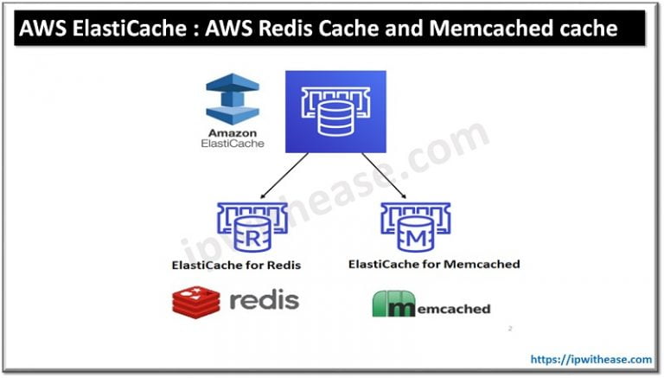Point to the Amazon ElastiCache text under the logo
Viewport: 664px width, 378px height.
(232, 139)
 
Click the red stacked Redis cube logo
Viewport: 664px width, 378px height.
(195, 301)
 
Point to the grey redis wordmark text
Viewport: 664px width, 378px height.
(264, 300)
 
